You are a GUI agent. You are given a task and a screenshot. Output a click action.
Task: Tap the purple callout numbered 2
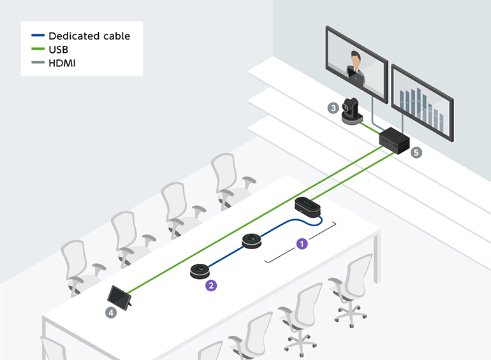click(x=210, y=285)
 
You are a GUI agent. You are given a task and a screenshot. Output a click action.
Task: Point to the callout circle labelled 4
click(x=112, y=312)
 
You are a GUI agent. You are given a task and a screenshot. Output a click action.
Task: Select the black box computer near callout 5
click(x=395, y=139)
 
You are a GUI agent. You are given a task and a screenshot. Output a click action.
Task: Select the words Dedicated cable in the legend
click(x=89, y=36)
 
